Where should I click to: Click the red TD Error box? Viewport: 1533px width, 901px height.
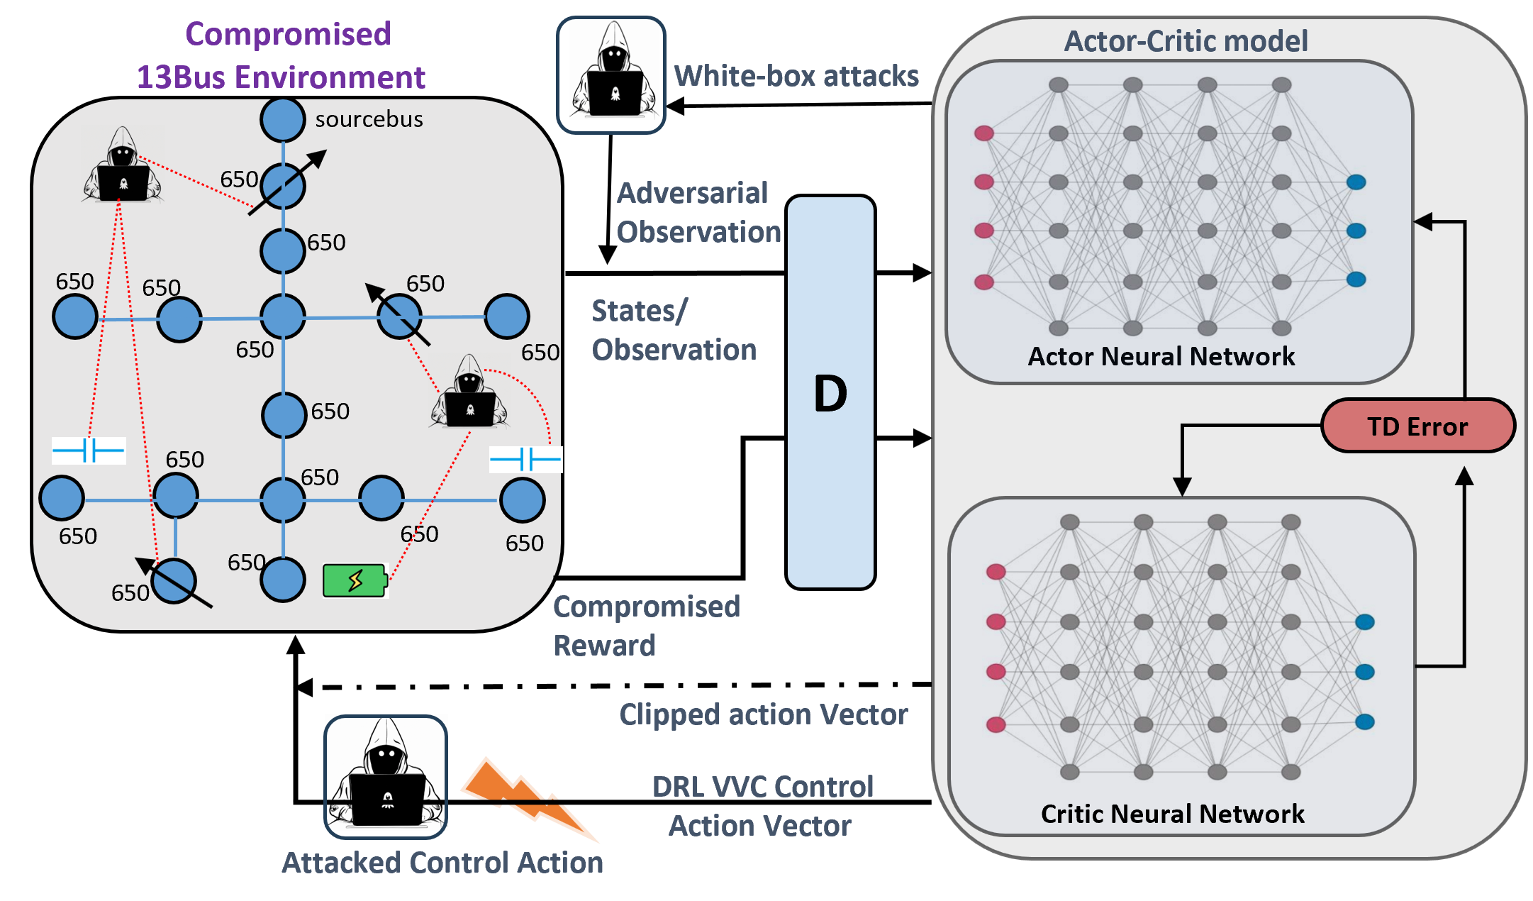tap(1417, 426)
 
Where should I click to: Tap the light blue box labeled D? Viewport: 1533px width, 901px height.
tap(830, 392)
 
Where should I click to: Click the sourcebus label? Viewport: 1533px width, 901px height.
tap(369, 119)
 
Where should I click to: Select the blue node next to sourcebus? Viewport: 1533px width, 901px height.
tap(283, 119)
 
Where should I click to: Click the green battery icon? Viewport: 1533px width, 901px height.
tap(355, 580)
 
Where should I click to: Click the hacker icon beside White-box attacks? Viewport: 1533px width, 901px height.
tap(611, 75)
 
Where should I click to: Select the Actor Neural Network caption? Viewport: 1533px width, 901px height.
tap(1161, 356)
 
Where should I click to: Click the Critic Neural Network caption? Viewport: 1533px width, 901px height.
tap(1172, 814)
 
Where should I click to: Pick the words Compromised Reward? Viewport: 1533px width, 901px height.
tap(646, 626)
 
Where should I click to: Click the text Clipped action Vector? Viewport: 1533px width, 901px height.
tap(763, 714)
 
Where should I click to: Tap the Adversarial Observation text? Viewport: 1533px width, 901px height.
tap(698, 212)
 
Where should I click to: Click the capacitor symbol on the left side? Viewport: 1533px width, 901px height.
tap(89, 450)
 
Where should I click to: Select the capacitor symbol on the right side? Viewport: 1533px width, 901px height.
tap(525, 459)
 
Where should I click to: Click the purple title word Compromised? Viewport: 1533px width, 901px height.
tap(288, 34)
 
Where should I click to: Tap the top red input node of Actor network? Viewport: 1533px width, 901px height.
tap(983, 133)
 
